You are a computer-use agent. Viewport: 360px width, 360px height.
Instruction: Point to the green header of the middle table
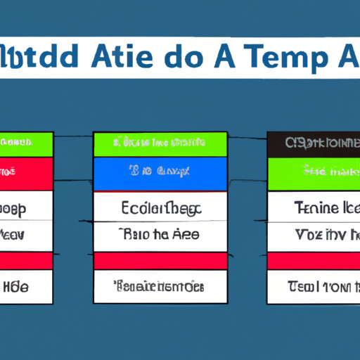click(160, 143)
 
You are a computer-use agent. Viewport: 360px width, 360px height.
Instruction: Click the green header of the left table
click(26, 143)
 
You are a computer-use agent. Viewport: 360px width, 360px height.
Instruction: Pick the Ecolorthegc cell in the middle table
click(160, 207)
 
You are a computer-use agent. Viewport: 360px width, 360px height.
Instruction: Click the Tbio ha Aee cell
click(160, 236)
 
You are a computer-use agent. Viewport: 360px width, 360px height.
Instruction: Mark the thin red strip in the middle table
click(160, 261)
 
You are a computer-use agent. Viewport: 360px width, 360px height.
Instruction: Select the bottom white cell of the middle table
click(160, 286)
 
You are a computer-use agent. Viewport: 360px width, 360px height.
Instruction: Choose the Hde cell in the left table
click(26, 286)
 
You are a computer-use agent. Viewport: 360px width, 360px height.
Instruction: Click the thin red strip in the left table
click(26, 261)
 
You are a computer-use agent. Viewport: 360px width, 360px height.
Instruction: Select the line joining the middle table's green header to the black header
click(247, 139)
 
